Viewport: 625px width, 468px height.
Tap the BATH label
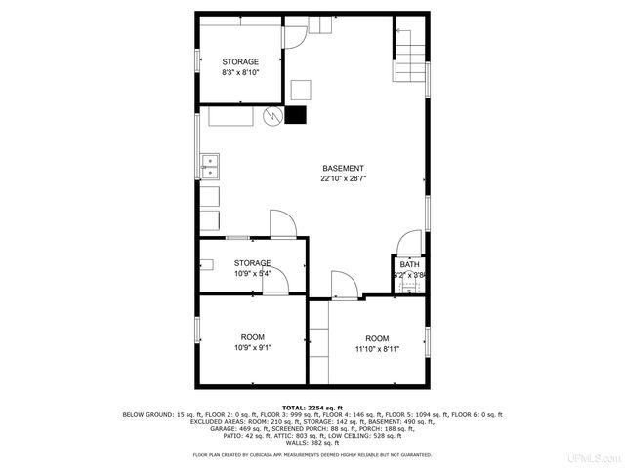[409, 265]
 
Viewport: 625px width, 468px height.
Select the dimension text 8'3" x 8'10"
[240, 73]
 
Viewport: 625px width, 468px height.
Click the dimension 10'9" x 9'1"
[252, 348]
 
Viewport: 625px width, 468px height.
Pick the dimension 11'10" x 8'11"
[377, 348]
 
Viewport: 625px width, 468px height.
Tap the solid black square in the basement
[295, 115]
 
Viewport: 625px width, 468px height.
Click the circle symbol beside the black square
[271, 116]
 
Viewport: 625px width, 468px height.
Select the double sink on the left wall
[208, 166]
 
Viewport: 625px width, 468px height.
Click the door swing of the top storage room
[293, 36]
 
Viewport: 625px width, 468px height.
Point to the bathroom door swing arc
[410, 241]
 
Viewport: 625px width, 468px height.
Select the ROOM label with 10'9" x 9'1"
[252, 337]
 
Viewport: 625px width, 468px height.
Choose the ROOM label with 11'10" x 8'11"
[377, 337]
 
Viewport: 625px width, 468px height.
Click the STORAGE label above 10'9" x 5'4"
[252, 263]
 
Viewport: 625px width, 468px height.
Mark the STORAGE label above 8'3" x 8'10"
[240, 61]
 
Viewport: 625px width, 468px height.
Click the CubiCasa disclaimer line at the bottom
[312, 455]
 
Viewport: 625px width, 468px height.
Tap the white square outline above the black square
[301, 90]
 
